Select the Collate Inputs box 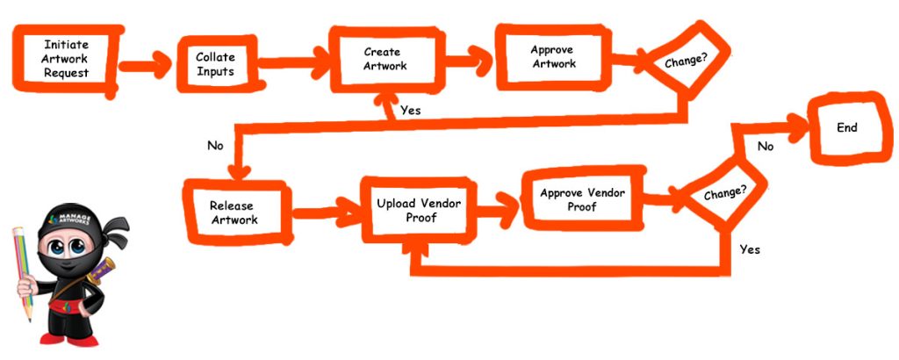pos(215,64)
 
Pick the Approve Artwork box pos(553,57)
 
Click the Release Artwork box pos(234,212)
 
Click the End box pos(846,128)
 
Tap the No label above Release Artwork pos(215,145)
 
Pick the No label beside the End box pos(766,147)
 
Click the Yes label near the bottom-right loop pos(750,249)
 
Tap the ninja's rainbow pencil pos(23,272)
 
